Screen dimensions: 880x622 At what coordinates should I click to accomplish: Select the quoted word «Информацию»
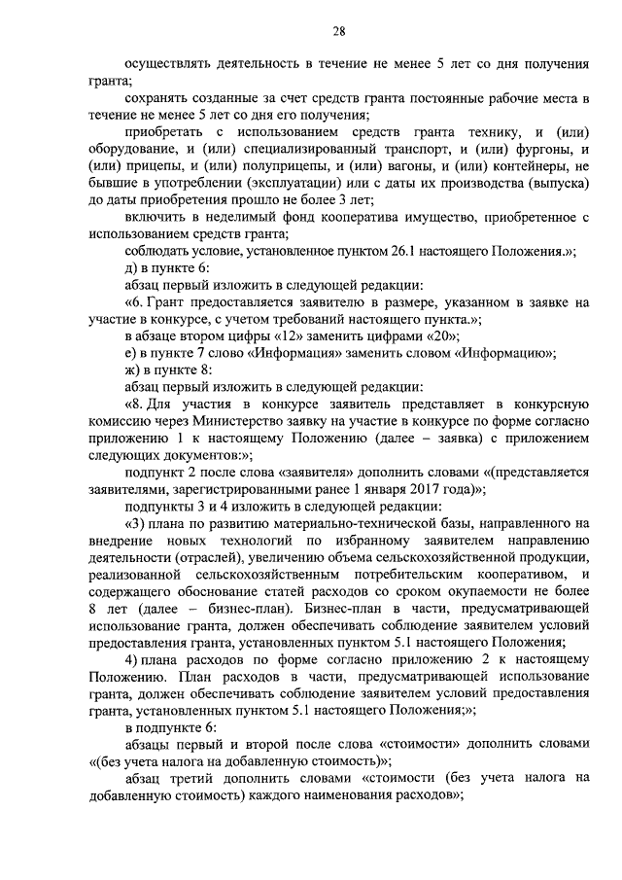[x=497, y=353]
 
